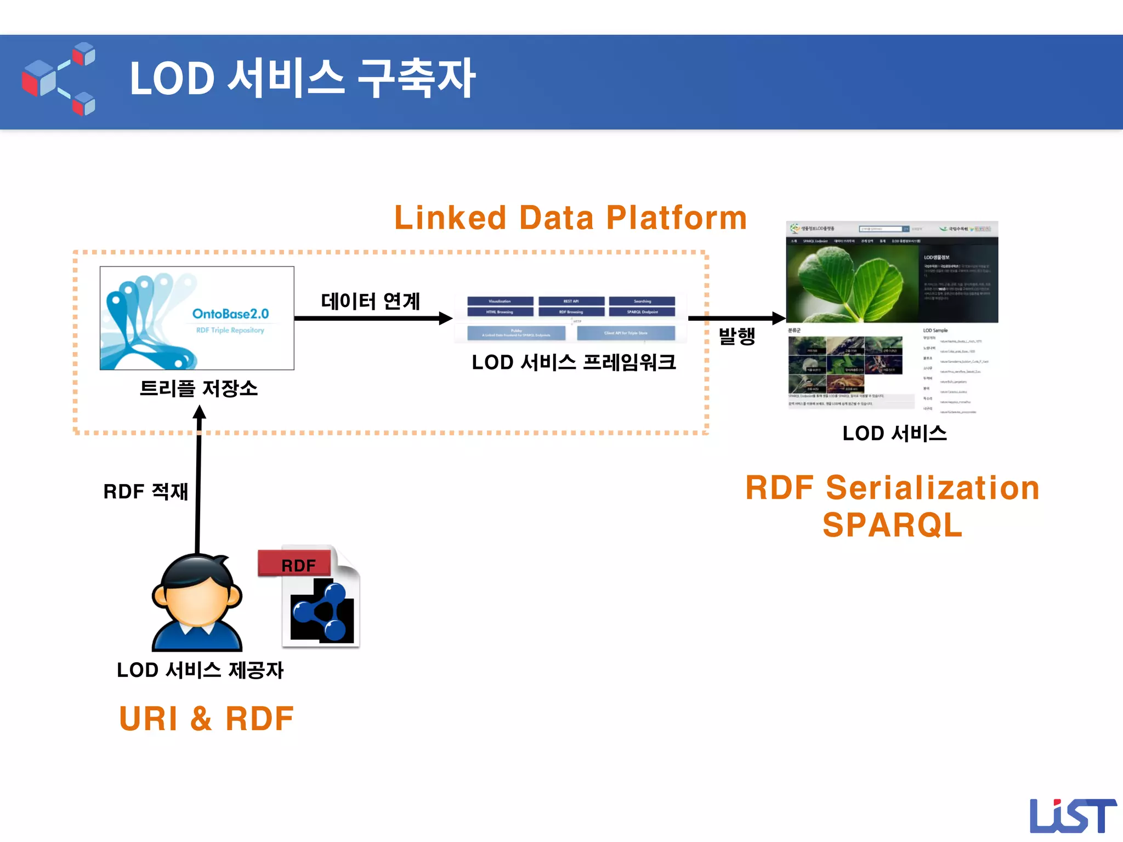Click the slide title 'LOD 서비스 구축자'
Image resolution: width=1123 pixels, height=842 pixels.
point(302,79)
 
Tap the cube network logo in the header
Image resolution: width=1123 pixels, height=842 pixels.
point(59,79)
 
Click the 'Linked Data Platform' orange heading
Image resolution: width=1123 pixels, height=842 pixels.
point(570,218)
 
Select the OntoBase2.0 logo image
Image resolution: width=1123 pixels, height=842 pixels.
point(197,318)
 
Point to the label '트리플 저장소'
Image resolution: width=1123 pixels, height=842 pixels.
point(198,389)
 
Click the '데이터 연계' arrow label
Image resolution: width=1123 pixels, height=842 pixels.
point(371,301)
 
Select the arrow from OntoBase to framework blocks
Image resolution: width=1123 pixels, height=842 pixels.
point(373,318)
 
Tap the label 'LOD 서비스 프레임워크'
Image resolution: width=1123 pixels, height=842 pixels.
point(574,362)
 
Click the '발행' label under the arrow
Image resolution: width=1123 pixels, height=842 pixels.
point(737,335)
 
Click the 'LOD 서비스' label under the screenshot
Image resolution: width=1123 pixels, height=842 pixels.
point(894,434)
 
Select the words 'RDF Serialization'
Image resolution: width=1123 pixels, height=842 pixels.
point(892,488)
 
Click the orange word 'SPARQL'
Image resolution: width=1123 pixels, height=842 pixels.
point(892,525)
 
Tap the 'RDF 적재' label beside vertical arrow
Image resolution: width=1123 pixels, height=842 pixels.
point(146,492)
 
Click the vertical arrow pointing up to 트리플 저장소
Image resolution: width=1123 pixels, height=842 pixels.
point(198,482)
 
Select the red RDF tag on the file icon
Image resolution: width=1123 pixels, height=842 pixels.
point(296,565)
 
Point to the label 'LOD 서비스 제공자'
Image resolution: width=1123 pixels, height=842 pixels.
point(200,670)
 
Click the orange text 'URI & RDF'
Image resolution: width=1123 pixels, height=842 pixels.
point(206,719)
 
